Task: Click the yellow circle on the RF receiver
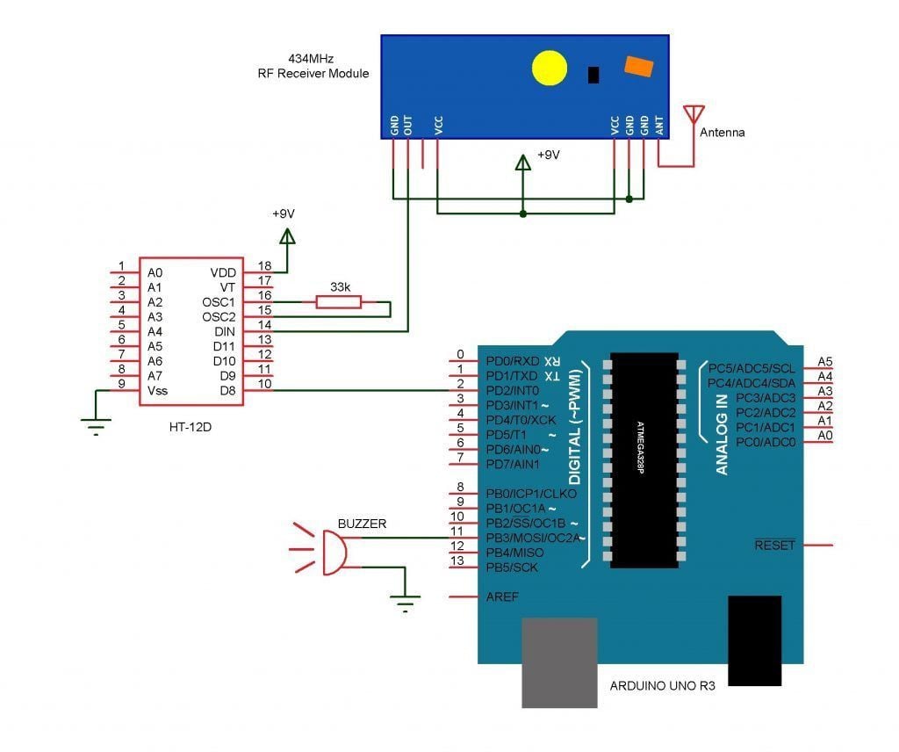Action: coord(550,69)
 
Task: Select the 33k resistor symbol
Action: coord(338,302)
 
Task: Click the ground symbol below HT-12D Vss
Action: coord(97,428)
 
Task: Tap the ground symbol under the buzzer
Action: coord(405,602)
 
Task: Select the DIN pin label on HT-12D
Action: coord(225,331)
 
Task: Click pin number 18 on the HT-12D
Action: coord(263,265)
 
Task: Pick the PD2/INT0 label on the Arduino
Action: coord(514,390)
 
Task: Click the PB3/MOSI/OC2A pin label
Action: coord(532,538)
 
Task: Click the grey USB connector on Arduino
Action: coord(559,661)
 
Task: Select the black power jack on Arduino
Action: coord(754,640)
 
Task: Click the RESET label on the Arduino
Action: coord(774,546)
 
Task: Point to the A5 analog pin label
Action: coord(824,361)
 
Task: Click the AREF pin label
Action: coord(502,597)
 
